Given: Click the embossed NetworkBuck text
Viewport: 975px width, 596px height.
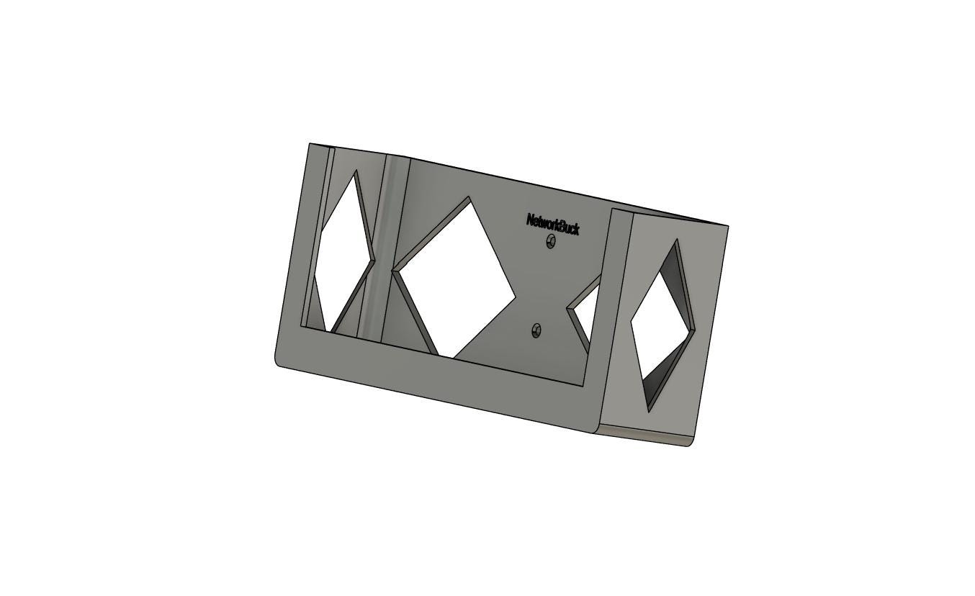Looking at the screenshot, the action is (x=553, y=224).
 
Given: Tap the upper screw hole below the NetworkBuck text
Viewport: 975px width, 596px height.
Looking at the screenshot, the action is (x=551, y=241).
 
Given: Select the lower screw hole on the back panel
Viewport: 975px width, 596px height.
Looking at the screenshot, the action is (x=536, y=330).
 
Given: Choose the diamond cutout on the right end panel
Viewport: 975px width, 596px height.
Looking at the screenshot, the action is (x=662, y=326).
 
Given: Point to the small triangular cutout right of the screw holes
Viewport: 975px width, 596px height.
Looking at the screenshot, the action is (x=584, y=311).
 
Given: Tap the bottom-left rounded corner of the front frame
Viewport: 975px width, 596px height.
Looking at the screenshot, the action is (x=279, y=362).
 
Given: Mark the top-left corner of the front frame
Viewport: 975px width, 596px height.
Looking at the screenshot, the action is (x=310, y=143).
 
